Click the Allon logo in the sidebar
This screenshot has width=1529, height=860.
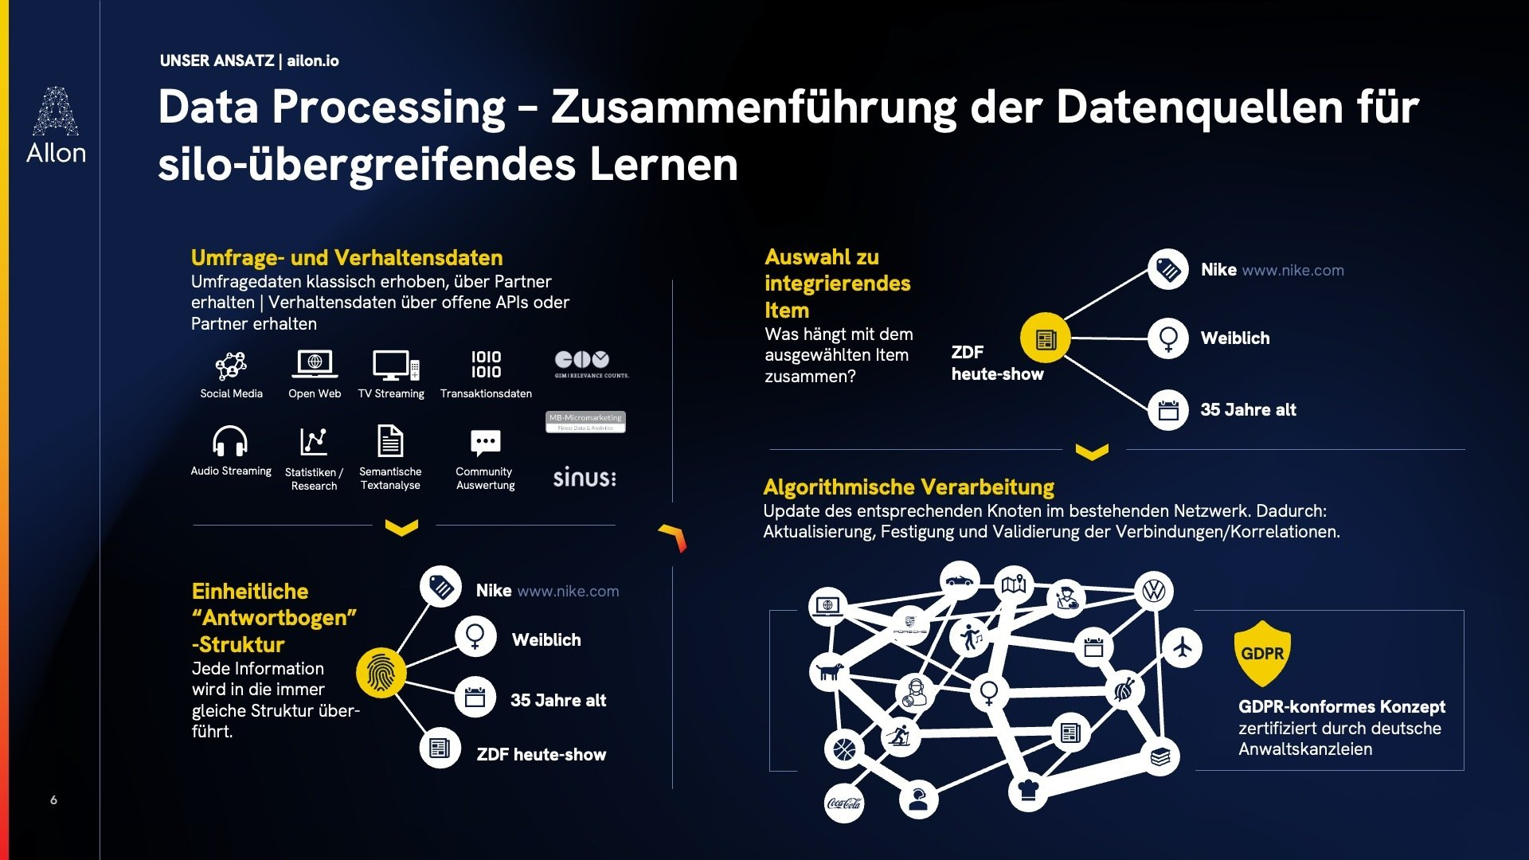pyautogui.click(x=55, y=125)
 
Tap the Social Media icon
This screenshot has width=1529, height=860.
pyautogui.click(x=231, y=366)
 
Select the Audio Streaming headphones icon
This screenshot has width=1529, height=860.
pyautogui.click(x=230, y=441)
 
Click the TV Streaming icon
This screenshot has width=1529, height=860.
pyautogui.click(x=395, y=365)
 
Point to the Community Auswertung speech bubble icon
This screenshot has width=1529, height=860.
pyautogui.click(x=485, y=443)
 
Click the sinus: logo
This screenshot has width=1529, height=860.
pyautogui.click(x=585, y=477)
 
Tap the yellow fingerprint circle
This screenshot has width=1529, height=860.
pyautogui.click(x=381, y=673)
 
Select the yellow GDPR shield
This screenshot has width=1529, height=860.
pyautogui.click(x=1262, y=653)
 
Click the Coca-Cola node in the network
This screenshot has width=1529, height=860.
pyautogui.click(x=844, y=803)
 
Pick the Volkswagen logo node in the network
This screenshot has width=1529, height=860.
pyautogui.click(x=1154, y=591)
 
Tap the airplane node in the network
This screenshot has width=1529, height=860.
pyautogui.click(x=1183, y=647)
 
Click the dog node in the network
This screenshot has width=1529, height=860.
pyautogui.click(x=829, y=671)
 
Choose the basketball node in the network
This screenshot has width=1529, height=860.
pyautogui.click(x=844, y=749)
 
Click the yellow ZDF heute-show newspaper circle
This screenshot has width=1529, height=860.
pyautogui.click(x=1046, y=338)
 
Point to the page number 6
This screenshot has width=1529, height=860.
pyautogui.click(x=53, y=799)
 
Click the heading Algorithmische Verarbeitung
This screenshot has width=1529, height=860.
pyautogui.click(x=909, y=487)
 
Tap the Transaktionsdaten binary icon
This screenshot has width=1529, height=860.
pyautogui.click(x=486, y=365)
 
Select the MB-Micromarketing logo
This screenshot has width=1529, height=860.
pyautogui.click(x=585, y=421)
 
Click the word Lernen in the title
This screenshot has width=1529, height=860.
pyautogui.click(x=663, y=165)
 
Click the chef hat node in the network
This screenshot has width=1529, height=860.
pyautogui.click(x=1028, y=791)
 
